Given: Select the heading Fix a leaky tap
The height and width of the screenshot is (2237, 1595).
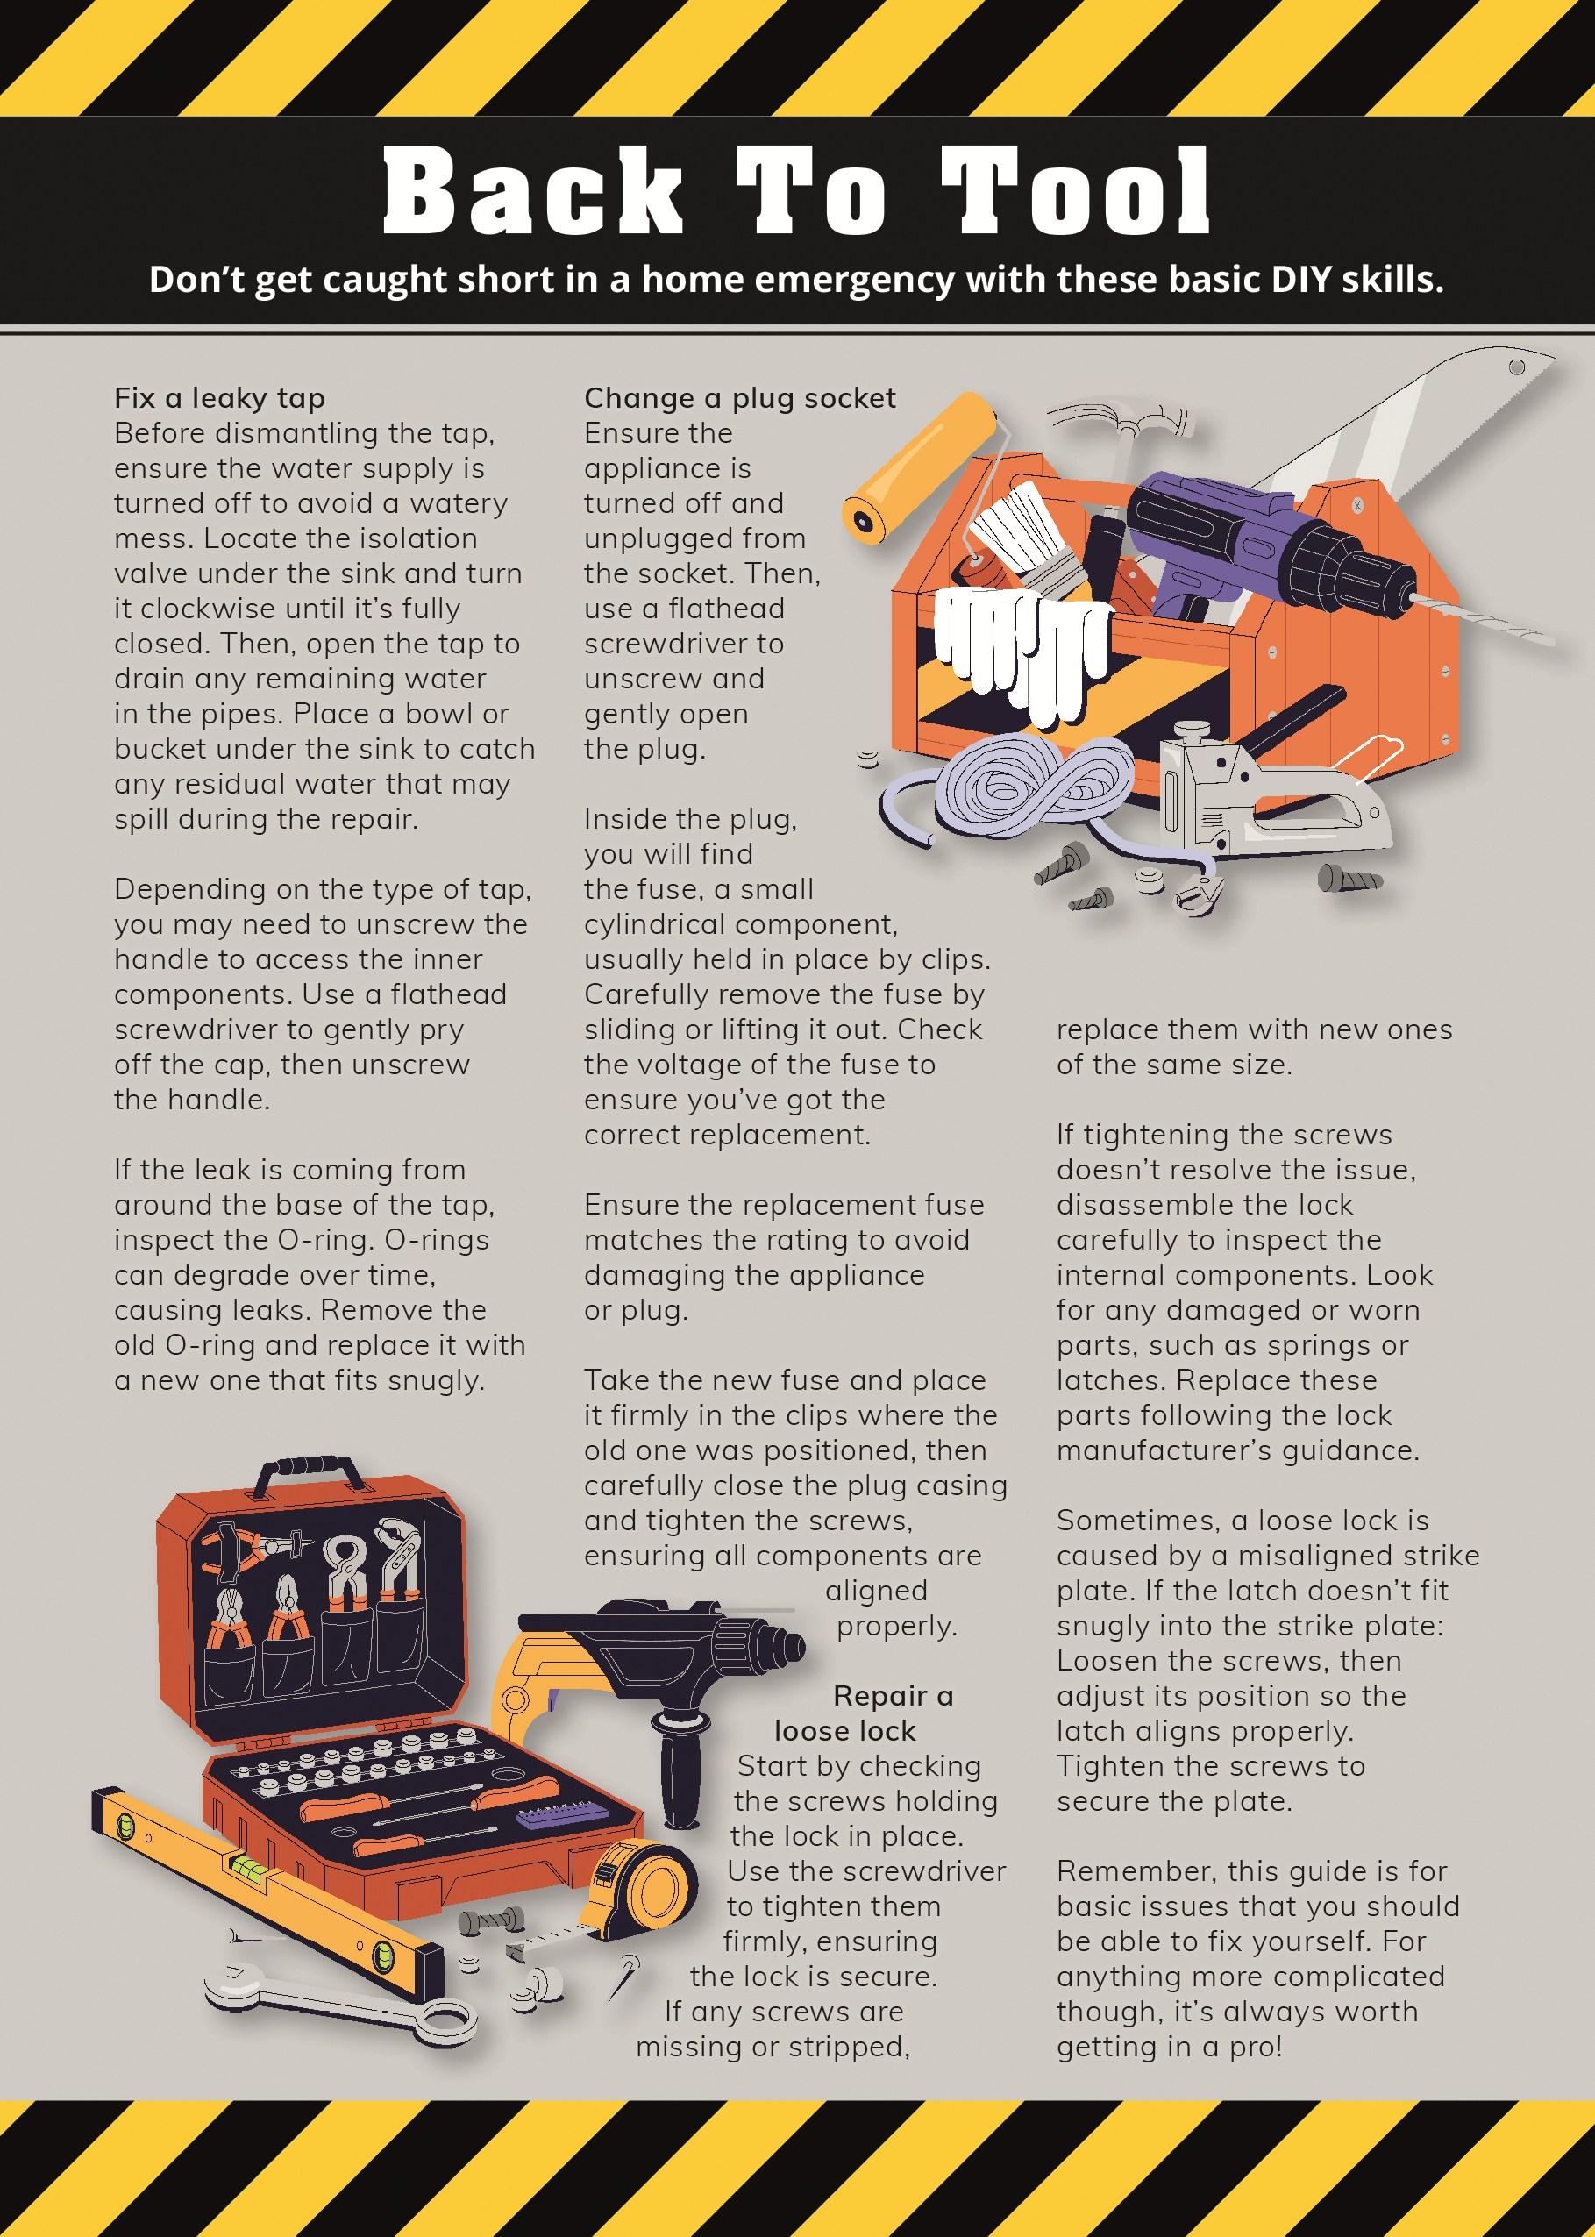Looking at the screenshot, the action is tap(219, 399).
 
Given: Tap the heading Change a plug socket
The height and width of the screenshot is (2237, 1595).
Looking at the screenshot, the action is tap(739, 399).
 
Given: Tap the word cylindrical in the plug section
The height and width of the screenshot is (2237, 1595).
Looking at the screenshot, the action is tap(655, 925).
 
